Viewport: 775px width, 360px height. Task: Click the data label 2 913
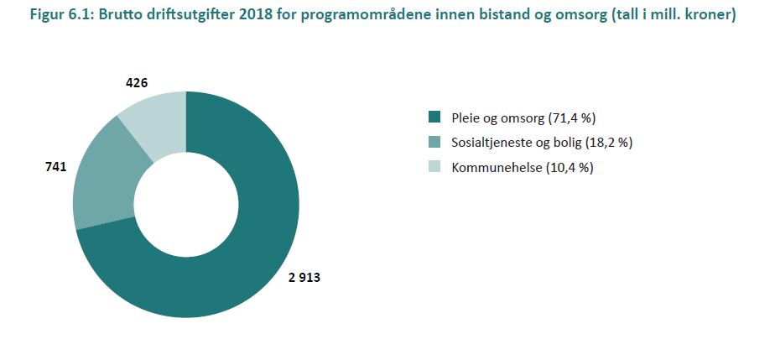(x=304, y=277)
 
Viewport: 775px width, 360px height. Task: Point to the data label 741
(x=55, y=168)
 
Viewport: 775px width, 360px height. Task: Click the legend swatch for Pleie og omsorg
(x=434, y=117)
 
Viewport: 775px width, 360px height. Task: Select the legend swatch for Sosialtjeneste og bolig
(x=434, y=142)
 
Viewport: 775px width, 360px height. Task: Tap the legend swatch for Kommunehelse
(x=434, y=168)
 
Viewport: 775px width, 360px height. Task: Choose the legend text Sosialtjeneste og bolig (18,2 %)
(x=542, y=142)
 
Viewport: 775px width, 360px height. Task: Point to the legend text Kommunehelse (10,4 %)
(x=522, y=168)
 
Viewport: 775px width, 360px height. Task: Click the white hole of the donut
(x=185, y=204)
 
